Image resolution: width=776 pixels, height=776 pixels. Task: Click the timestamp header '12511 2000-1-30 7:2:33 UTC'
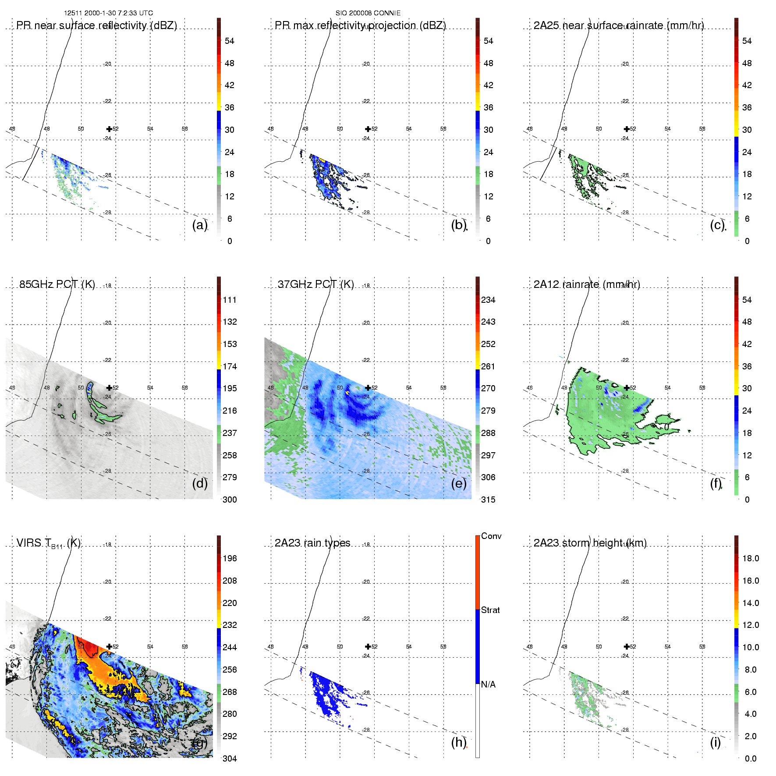click(108, 13)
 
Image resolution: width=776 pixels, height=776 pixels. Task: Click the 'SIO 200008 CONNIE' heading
click(368, 13)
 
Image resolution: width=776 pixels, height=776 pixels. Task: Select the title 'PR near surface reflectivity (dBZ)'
click(96, 25)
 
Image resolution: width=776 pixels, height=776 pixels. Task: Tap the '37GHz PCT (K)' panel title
click(315, 284)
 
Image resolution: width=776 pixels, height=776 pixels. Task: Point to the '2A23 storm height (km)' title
click(590, 543)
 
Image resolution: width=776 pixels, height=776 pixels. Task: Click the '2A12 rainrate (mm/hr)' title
click(587, 284)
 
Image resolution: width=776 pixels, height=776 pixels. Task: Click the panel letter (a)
click(200, 225)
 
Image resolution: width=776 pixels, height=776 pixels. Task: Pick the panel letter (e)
click(459, 483)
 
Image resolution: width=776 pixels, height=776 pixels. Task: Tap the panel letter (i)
click(715, 742)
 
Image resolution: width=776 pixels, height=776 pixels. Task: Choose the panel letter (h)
click(459, 742)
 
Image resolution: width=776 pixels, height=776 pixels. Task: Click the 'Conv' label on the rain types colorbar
click(491, 536)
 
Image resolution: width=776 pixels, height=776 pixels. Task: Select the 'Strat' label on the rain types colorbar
click(490, 610)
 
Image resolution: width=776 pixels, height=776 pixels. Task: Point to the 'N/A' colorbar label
click(488, 684)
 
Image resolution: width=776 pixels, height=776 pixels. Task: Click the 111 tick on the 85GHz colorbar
click(230, 300)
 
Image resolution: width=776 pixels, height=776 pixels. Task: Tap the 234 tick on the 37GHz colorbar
click(488, 300)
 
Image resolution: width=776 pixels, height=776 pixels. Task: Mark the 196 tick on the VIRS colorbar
click(230, 559)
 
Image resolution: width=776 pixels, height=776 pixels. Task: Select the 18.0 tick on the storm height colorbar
click(751, 559)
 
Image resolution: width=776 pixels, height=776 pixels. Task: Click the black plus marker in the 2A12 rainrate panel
click(627, 388)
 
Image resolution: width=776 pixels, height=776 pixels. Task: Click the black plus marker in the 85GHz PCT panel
click(109, 388)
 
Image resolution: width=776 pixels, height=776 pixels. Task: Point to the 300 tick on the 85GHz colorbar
click(230, 500)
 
